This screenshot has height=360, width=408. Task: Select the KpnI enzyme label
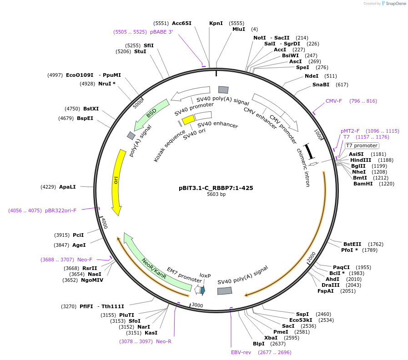216,23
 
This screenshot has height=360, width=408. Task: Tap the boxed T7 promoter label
362,146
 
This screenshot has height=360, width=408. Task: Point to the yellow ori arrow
117,182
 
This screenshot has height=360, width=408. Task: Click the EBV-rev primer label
241,352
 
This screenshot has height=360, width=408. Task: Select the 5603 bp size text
216,194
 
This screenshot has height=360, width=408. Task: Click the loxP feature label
206,275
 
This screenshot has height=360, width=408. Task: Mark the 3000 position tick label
197,305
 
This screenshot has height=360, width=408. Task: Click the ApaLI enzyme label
67,187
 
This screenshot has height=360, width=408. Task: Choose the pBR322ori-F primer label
60,210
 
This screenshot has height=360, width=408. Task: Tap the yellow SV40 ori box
188,120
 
